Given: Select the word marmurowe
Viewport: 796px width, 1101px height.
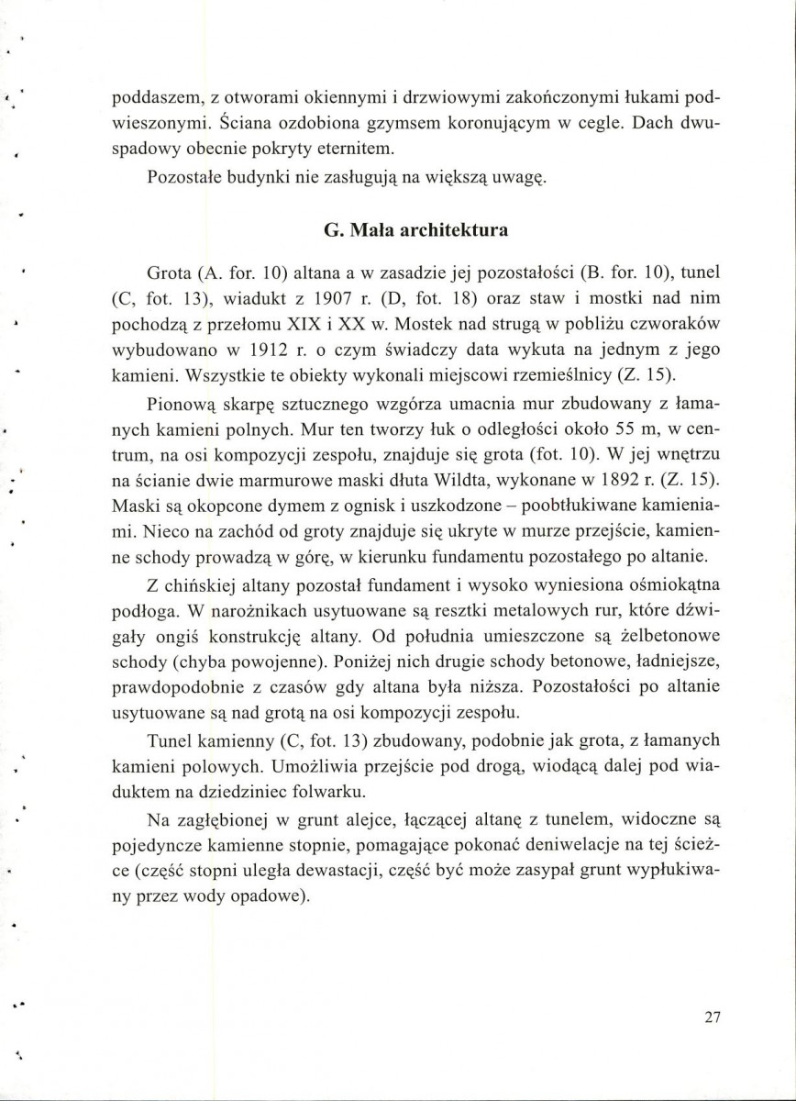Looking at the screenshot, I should coord(298,480).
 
